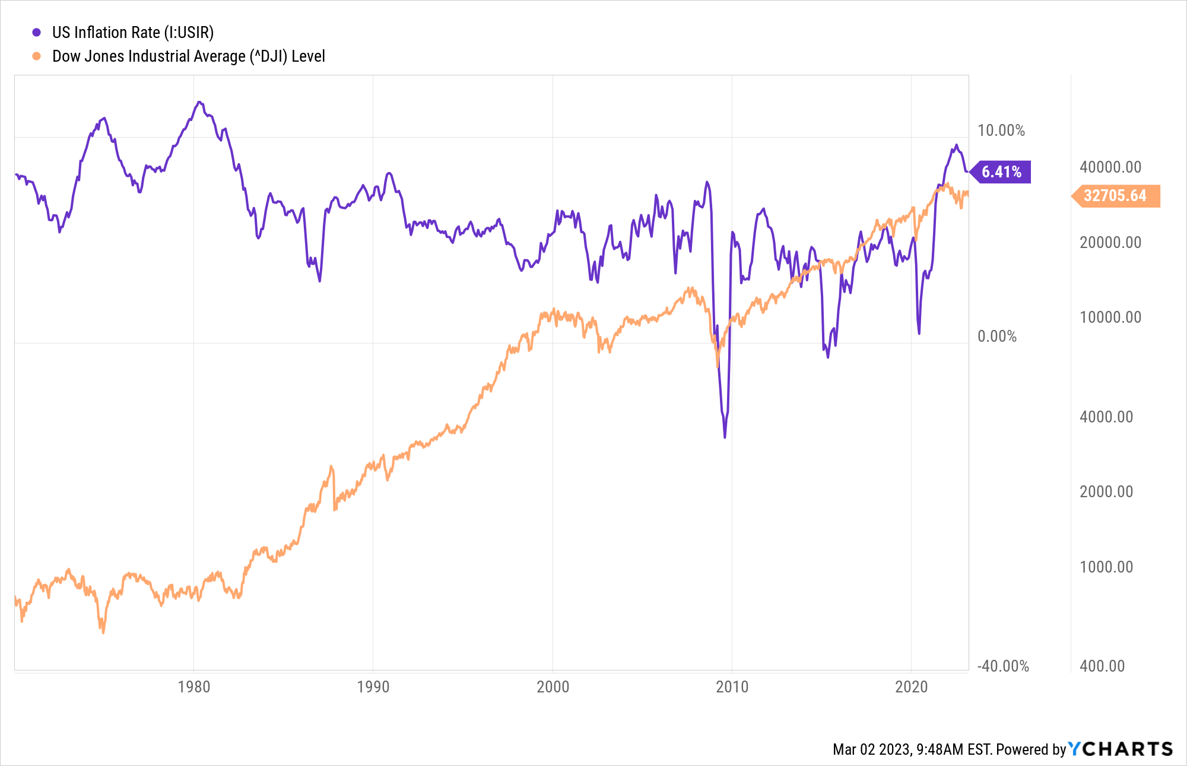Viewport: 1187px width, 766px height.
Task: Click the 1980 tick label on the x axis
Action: (x=194, y=687)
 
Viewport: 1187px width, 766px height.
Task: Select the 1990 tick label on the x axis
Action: (x=373, y=687)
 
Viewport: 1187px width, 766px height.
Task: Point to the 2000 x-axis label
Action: (x=553, y=687)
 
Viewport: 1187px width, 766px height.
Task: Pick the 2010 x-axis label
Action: (x=732, y=687)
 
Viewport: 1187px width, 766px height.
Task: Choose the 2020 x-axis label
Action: (x=911, y=687)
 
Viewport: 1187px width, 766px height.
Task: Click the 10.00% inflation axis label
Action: (x=1001, y=131)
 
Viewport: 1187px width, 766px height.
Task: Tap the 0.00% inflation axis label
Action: (x=997, y=336)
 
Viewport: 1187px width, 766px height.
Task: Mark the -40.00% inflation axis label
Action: (x=1003, y=666)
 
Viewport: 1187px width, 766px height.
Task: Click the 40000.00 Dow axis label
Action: (x=1110, y=167)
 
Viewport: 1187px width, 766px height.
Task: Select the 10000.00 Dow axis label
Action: (x=1110, y=317)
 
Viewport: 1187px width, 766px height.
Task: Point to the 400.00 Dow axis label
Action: (x=1102, y=666)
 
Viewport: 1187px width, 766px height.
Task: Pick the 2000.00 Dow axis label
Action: (x=1106, y=492)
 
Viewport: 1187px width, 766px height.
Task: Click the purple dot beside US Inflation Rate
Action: (x=37, y=33)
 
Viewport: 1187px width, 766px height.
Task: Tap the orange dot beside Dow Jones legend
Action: (x=37, y=56)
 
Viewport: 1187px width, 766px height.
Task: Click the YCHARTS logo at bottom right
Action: (x=1121, y=749)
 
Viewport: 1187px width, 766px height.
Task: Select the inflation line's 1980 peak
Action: (x=199, y=102)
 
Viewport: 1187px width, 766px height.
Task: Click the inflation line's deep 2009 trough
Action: (x=725, y=437)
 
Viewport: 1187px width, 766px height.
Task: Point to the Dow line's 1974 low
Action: (x=103, y=632)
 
